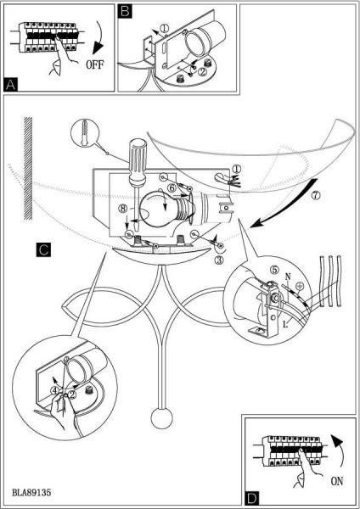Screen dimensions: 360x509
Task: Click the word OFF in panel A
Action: point(94,64)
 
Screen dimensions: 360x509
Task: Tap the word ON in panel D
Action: point(337,481)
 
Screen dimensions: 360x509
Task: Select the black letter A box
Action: point(11,84)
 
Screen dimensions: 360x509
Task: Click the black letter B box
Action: point(125,11)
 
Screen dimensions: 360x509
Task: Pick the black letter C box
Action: point(43,249)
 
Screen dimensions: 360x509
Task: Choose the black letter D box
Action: point(252,498)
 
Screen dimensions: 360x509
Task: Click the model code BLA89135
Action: point(31,492)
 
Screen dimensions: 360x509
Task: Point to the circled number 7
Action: point(316,195)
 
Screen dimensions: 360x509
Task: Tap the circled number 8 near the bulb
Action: point(123,208)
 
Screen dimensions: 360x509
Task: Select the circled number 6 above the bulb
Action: point(172,187)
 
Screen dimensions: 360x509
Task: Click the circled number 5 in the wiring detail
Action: point(275,269)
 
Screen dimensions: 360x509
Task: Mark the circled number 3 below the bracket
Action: point(219,260)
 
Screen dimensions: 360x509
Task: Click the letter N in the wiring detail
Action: point(288,277)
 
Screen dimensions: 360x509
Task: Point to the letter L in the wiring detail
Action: point(285,323)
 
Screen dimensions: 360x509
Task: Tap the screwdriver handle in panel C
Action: point(138,161)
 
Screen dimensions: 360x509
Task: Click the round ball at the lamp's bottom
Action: point(161,418)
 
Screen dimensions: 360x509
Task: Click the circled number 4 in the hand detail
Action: point(56,390)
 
